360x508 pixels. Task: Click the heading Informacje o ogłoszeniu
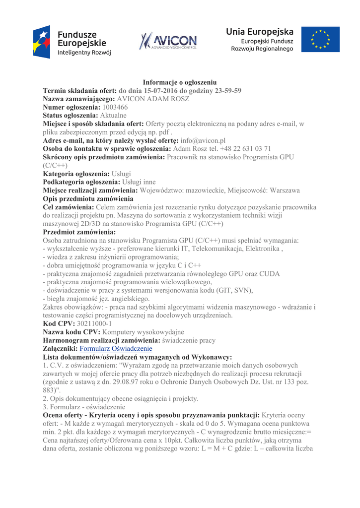point(179,82)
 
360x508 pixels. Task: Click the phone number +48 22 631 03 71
point(246,149)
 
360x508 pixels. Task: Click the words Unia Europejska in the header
point(260,32)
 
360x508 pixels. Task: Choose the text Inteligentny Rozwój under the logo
point(84,52)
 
